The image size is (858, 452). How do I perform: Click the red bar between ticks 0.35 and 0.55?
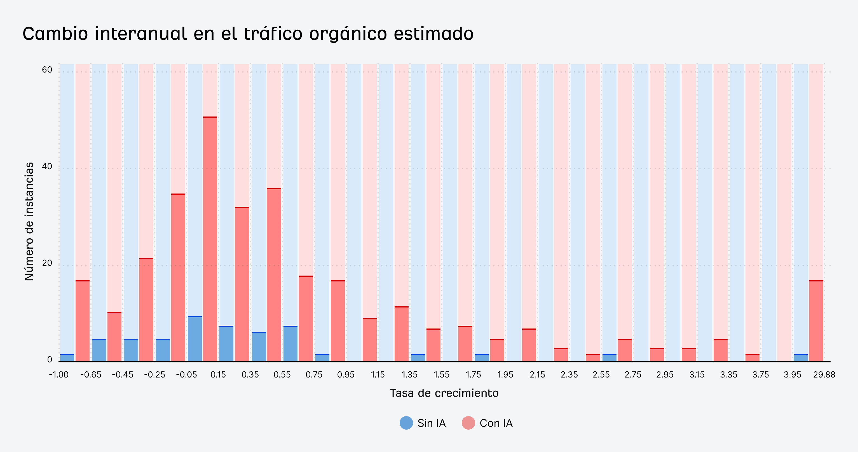274,275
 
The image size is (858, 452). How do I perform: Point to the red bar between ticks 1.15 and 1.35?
401,334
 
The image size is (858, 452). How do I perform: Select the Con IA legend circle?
468,423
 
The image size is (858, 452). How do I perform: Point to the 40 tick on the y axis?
47,166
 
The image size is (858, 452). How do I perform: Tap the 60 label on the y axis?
47,70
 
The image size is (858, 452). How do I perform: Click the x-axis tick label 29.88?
824,375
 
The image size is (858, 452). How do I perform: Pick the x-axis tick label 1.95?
505,375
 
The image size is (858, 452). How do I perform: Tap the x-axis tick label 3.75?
760,375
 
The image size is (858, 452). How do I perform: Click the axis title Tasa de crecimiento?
444,393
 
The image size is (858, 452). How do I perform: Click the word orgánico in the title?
348,34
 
